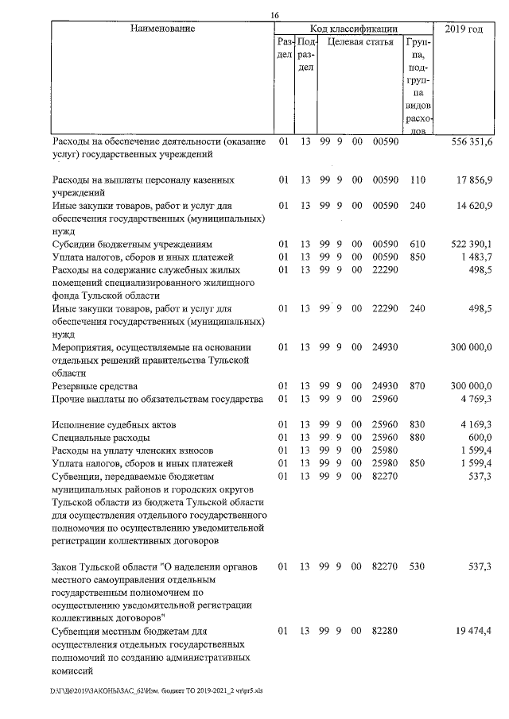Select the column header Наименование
pos(163,29)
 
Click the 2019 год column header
pos(464,29)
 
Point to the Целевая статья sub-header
pos(360,42)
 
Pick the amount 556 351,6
pos(472,141)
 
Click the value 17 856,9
pos(476,180)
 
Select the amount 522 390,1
pos(472,243)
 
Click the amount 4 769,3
pos(477,398)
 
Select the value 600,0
pos(481,437)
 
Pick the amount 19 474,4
pos(476,632)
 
